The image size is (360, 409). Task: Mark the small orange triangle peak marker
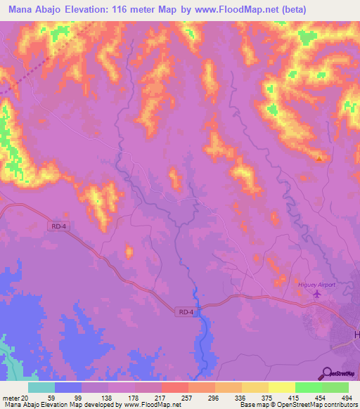click(320, 158)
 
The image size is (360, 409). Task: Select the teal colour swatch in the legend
click(41, 387)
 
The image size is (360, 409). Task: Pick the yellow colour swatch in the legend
click(281, 387)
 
